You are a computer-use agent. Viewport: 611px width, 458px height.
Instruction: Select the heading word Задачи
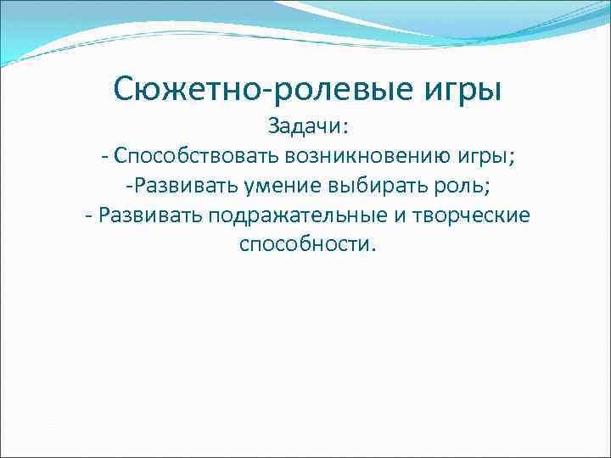(305, 126)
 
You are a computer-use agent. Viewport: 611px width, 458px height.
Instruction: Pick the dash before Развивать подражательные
(89, 215)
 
